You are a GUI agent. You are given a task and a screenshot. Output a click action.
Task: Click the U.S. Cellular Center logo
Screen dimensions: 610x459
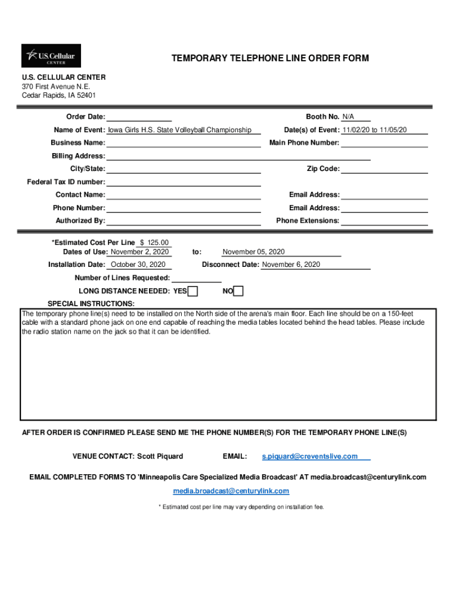[x=51, y=56]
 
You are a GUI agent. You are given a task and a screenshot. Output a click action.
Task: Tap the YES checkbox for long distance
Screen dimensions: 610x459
[x=193, y=291]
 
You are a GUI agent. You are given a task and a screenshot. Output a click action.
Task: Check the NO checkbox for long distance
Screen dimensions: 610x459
[x=238, y=291]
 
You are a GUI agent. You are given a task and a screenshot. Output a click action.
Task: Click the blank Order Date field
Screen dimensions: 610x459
[x=139, y=117]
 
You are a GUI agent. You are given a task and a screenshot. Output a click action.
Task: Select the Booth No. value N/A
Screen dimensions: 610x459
[x=348, y=117]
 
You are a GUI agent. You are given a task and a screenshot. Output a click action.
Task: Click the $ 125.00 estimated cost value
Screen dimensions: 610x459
[x=154, y=242]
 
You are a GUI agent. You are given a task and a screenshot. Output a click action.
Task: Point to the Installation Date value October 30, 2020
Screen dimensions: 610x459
[x=138, y=264]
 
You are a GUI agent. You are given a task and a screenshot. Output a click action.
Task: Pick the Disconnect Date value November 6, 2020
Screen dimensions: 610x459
[x=291, y=264]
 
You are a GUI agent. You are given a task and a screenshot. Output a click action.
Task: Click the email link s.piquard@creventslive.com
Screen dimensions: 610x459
[x=310, y=456]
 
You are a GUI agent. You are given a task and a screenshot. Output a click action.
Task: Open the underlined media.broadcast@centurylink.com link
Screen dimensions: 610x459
[x=231, y=491]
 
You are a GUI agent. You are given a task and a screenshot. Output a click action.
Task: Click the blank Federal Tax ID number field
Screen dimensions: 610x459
[x=184, y=182]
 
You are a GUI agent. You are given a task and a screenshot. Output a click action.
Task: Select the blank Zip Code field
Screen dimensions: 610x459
[x=384, y=169]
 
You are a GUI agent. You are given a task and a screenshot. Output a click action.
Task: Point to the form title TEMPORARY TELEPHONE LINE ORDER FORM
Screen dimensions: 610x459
[x=270, y=58]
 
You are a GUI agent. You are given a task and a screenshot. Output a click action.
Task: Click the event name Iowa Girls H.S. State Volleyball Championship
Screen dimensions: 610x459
[x=179, y=130]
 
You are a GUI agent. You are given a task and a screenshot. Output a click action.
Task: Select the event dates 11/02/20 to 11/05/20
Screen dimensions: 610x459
[x=374, y=130]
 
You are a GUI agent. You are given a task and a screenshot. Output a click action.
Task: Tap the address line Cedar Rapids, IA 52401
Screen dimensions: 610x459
[x=59, y=95]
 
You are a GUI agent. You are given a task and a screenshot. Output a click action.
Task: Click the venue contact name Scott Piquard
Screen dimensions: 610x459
[x=160, y=456]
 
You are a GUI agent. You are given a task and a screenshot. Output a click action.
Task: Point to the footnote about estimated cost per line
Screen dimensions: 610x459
[x=241, y=507]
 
